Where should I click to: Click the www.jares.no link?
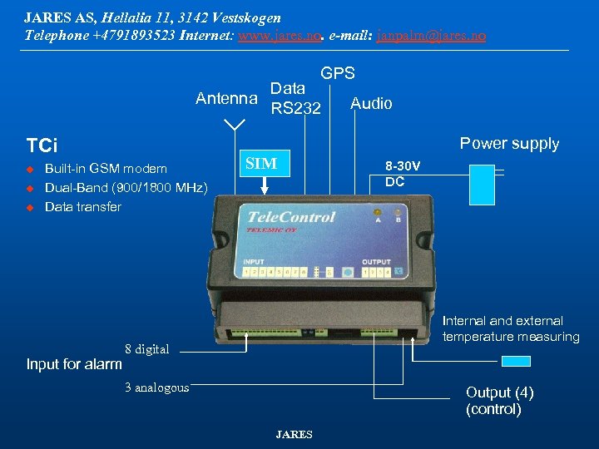click(x=280, y=36)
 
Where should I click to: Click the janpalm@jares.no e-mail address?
click(x=431, y=36)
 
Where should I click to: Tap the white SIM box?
click(x=263, y=163)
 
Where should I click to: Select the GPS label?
click(x=338, y=73)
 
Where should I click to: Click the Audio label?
click(x=371, y=103)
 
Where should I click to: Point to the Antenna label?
click(x=226, y=99)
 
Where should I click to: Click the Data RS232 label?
click(x=295, y=97)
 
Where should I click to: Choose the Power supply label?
click(x=509, y=143)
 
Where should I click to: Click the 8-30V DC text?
click(x=402, y=174)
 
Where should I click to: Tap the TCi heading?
click(x=42, y=146)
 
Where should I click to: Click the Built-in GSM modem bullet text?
click(x=106, y=169)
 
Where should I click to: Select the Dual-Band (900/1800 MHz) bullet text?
click(x=126, y=187)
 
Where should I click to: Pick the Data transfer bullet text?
click(x=83, y=206)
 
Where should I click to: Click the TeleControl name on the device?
click(x=291, y=217)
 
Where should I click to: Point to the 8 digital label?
click(x=146, y=349)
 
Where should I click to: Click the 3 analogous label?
click(x=156, y=387)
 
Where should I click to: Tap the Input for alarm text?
click(x=74, y=364)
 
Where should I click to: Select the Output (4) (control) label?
click(x=499, y=400)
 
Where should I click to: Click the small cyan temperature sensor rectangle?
click(x=516, y=361)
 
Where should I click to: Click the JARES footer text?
click(x=294, y=434)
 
